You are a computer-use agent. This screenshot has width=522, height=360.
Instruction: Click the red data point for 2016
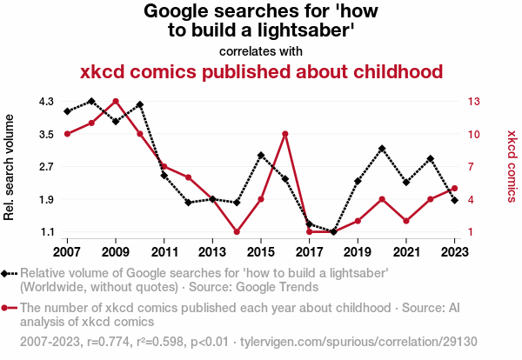click(x=285, y=134)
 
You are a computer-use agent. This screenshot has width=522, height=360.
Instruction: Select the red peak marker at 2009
click(x=116, y=101)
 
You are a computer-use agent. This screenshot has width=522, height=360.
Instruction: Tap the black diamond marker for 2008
click(x=91, y=101)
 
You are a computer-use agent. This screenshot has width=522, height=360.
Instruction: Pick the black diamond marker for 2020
click(x=382, y=149)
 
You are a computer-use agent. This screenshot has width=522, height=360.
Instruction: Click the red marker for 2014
click(x=237, y=232)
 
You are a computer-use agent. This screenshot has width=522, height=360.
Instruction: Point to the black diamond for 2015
click(x=261, y=155)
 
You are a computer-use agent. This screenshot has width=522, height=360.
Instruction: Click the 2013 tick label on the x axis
click(x=212, y=252)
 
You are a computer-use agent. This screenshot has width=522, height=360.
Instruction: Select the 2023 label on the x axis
click(x=455, y=252)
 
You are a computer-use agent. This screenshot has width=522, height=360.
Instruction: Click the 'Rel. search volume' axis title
click(x=10, y=166)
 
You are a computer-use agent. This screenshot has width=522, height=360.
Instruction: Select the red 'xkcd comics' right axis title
click(x=512, y=166)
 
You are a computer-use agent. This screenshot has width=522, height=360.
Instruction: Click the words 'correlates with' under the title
click(x=261, y=50)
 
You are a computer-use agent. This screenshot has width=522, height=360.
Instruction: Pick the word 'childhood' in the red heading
click(x=389, y=70)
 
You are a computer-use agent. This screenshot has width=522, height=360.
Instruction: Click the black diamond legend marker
click(x=10, y=273)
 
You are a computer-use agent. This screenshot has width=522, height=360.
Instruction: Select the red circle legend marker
click(x=10, y=308)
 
